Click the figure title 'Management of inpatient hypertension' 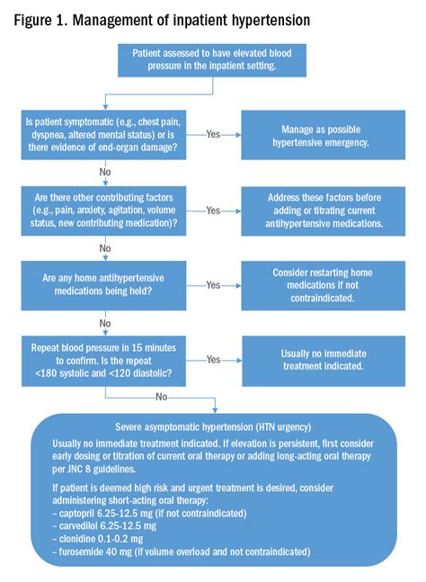[x=191, y=21]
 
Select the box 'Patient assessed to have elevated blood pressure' [x=212, y=60]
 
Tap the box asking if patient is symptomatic [x=103, y=135]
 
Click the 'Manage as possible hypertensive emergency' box [x=324, y=135]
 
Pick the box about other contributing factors [x=103, y=210]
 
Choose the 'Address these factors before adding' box [x=324, y=210]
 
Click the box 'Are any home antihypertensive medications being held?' [x=103, y=285]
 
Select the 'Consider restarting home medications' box [x=324, y=285]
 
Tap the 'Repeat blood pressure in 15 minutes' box [x=103, y=361]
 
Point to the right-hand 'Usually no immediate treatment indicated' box [x=324, y=361]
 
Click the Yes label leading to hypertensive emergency [x=213, y=134]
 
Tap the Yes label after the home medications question [x=213, y=285]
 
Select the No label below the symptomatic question [x=105, y=172]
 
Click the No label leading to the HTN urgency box [x=161, y=397]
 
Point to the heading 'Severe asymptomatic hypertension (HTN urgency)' [x=213, y=427]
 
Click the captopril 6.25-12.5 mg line [x=149, y=514]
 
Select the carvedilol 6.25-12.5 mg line [x=104, y=526]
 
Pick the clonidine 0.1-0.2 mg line [x=97, y=539]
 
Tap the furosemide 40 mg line [x=181, y=551]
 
